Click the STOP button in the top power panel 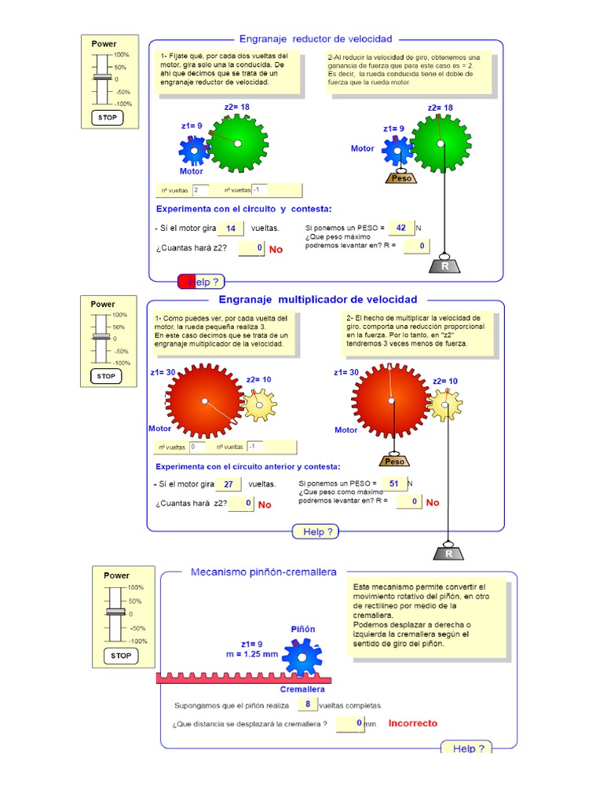[108, 117]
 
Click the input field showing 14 [231, 228]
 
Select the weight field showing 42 [400, 228]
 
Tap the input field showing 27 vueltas [228, 484]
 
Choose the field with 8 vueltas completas [308, 704]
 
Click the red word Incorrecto [413, 723]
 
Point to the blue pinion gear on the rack [303, 656]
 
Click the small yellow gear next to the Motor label [260, 404]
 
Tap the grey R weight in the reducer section [445, 265]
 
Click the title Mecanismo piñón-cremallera [263, 572]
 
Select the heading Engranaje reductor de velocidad [315, 38]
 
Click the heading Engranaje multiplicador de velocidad [318, 299]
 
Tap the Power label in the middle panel [103, 304]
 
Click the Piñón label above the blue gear [303, 629]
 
